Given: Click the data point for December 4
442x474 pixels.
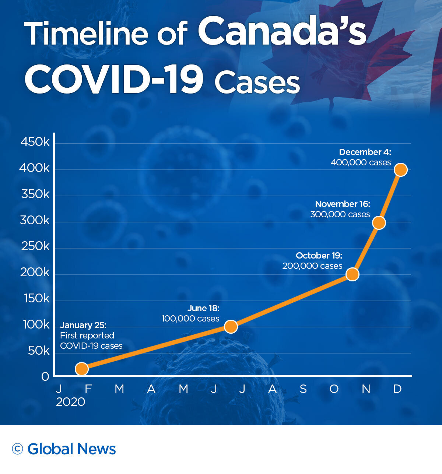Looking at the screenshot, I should coord(400,170).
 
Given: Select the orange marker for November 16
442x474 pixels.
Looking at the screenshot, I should coord(379,223).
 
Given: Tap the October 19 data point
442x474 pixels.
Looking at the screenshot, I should coord(352,274).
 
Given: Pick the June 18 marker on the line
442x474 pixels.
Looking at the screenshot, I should coord(231,327).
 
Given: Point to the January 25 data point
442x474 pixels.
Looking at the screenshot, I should coord(82,369).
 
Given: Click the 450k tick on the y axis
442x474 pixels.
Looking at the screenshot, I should coord(35,142).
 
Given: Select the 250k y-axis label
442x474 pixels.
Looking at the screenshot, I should coord(35,246).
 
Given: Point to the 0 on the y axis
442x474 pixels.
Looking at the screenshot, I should coord(45,377).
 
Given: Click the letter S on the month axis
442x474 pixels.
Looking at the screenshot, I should coord(303,389).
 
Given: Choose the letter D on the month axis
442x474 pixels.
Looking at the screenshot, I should coord(397,389).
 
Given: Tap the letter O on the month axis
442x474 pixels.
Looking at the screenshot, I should coord(334,389).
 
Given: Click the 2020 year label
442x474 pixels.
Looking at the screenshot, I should coord(70,402).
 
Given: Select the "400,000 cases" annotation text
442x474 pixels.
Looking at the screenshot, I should coord(361,162).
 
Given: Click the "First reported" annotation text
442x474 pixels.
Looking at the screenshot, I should coord(87,336).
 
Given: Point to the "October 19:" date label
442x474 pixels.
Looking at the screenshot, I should coord(319,256).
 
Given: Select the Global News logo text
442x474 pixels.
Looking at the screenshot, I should coord(71,449).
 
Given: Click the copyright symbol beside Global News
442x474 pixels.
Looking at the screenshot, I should coord(17,449).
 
